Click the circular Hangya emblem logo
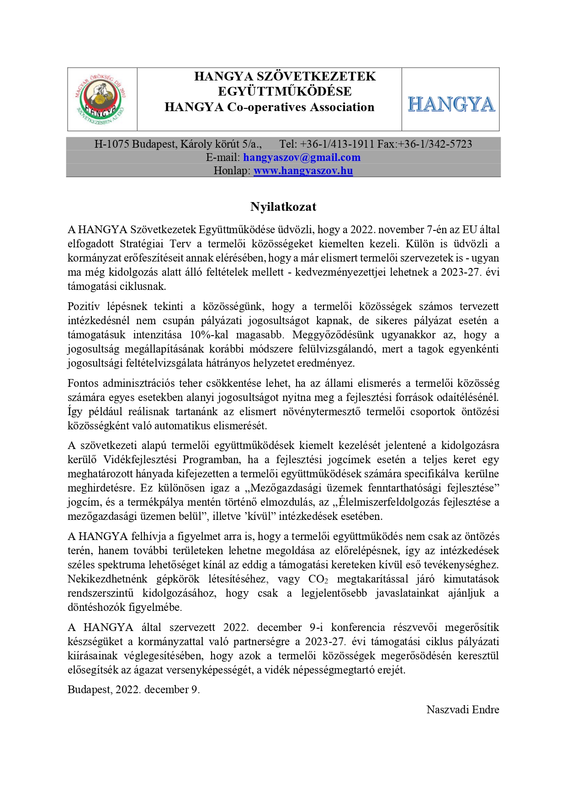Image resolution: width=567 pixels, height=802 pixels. point(102,99)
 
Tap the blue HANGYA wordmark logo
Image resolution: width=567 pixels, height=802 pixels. point(450,104)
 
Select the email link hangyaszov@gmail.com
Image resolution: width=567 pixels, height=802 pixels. point(302,157)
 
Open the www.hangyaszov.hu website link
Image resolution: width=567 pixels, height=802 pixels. point(303,171)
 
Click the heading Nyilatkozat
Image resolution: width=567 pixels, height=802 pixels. point(283,207)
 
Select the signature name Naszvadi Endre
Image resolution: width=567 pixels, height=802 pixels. point(462,709)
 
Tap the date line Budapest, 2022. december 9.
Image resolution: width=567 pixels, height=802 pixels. point(133,689)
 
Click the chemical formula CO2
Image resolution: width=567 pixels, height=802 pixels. point(318,579)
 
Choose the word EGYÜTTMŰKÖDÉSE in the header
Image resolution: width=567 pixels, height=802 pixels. point(285,91)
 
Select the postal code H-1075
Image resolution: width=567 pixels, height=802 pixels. point(111,144)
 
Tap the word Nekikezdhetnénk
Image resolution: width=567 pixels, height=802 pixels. point(107,579)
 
